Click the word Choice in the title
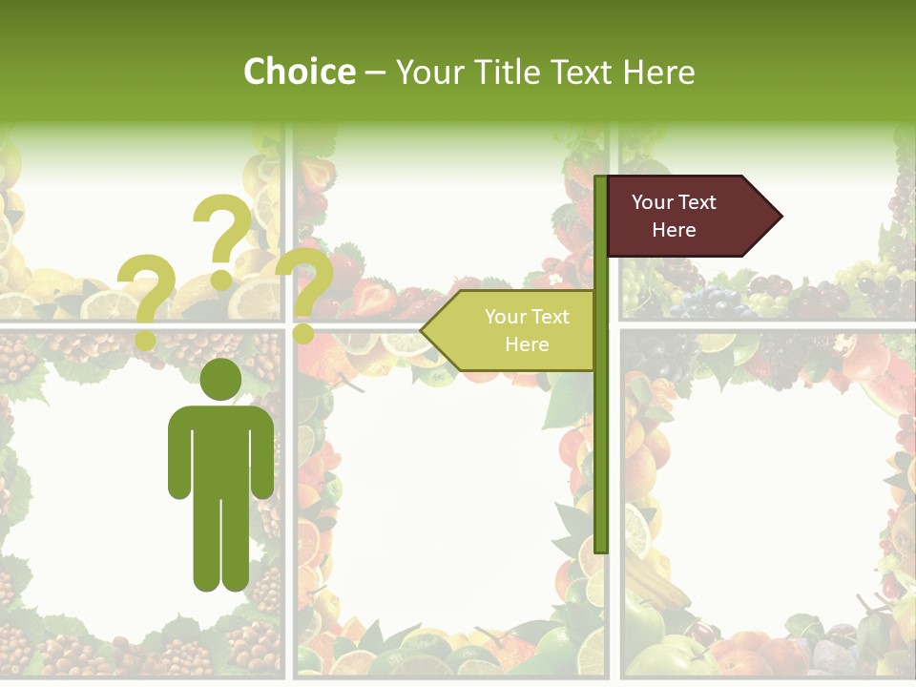(299, 72)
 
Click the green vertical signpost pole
(600, 429)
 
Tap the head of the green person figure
(220, 379)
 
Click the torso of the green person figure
(220, 448)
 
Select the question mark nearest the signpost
(303, 291)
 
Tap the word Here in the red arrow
(674, 230)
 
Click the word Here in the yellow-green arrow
(527, 344)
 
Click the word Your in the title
(427, 72)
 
